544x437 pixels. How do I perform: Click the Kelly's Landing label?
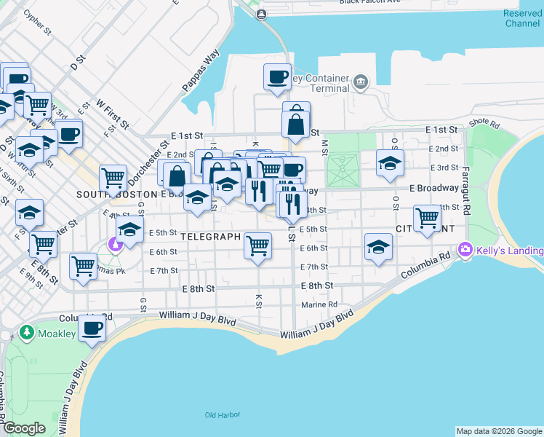510,251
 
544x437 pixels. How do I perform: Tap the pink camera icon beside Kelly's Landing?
465,251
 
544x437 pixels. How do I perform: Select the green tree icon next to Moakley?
27,332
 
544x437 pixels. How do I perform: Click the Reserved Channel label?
522,19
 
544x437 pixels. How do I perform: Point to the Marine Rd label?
320,304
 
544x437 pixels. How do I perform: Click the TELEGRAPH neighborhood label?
210,237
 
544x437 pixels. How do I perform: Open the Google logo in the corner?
24,428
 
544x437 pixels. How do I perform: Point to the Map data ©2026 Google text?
499,431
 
